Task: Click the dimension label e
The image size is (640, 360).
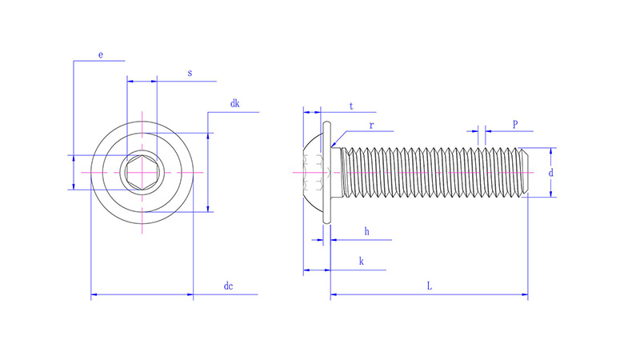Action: [100, 54]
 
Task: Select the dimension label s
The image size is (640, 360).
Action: [190, 74]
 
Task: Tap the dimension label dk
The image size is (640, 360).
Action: [234, 104]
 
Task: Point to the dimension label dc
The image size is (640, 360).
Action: [228, 286]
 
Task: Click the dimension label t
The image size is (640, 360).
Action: [351, 106]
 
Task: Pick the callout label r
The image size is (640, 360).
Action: [371, 125]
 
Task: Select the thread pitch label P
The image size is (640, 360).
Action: [514, 124]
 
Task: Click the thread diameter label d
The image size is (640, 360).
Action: [550, 173]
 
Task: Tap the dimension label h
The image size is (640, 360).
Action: [366, 231]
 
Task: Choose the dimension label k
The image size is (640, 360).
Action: [362, 261]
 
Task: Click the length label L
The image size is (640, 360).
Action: [430, 286]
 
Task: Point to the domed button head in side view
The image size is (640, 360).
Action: [314, 172]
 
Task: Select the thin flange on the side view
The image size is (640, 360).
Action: [327, 172]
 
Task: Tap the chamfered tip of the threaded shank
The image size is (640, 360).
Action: [525, 172]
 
